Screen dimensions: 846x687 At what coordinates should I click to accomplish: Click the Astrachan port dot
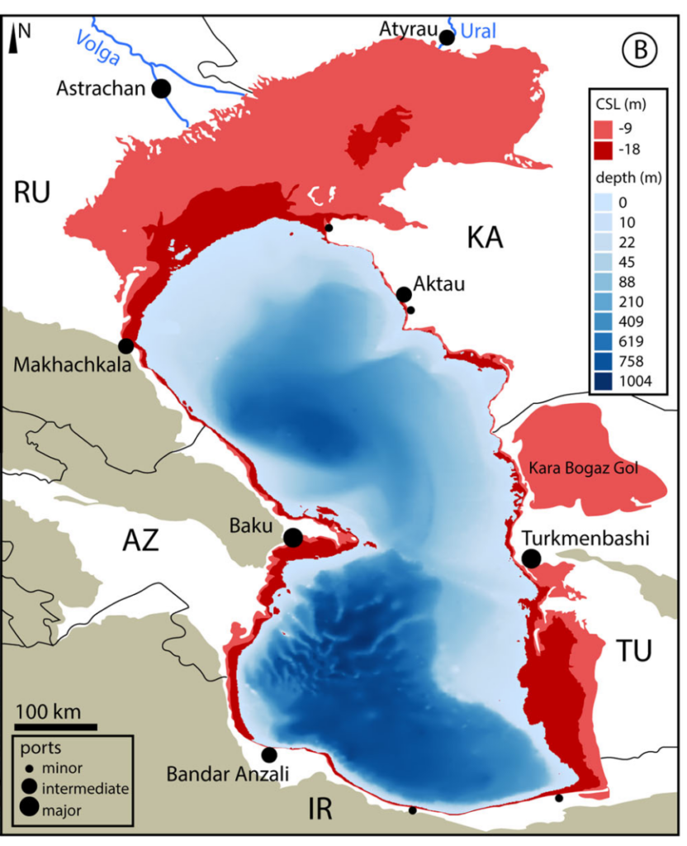[162, 88]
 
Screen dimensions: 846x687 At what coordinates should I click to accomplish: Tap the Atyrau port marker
[447, 37]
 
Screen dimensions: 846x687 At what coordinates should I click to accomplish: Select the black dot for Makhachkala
[126, 345]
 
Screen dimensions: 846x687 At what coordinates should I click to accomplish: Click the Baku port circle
[292, 538]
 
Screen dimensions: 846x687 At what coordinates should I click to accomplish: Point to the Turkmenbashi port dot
[532, 559]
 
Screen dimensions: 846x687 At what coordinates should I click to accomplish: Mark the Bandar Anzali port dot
[268, 754]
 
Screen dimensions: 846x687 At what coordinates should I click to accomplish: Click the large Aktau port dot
[404, 294]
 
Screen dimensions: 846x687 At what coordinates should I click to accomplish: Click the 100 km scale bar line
[54, 727]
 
